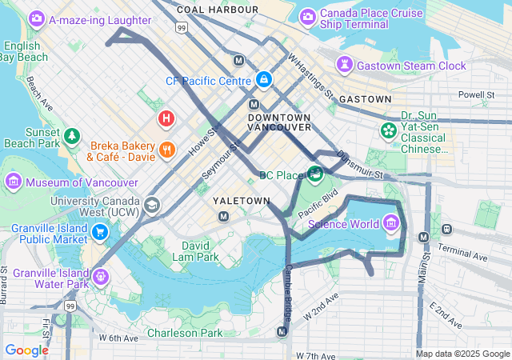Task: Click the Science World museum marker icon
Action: click(x=392, y=222)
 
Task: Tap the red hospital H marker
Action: click(x=166, y=120)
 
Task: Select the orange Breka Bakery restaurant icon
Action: click(x=167, y=149)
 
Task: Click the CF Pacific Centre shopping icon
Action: click(x=263, y=80)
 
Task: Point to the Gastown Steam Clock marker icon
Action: click(x=345, y=65)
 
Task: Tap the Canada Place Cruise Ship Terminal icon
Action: click(x=307, y=17)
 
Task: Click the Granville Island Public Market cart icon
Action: click(x=100, y=233)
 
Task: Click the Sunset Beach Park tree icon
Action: click(x=73, y=137)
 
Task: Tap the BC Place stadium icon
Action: click(x=315, y=173)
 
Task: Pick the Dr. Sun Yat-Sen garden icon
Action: click(x=389, y=130)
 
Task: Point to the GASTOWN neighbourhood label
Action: click(x=365, y=99)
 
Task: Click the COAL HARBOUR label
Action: click(x=218, y=10)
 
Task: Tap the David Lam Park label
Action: click(x=200, y=251)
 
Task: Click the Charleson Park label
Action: click(x=184, y=332)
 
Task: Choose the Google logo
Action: click(x=26, y=350)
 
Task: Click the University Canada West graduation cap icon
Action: click(x=151, y=206)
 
